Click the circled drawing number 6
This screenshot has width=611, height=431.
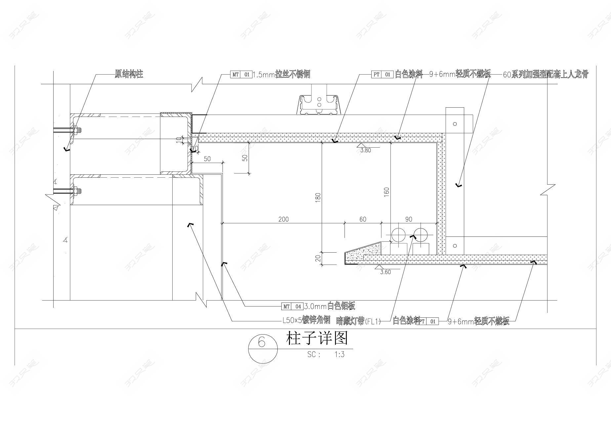tap(262, 342)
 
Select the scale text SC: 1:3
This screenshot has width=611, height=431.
tap(326, 355)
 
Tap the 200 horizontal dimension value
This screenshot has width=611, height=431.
tap(283, 219)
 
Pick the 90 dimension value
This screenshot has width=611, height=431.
tap(409, 219)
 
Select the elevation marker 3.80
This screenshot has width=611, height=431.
tap(365, 150)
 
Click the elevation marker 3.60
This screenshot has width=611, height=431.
tap(385, 272)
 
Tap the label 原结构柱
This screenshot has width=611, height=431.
tap(129, 74)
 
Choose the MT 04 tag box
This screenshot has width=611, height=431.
tap(292, 306)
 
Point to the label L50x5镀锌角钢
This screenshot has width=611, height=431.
tap(306, 320)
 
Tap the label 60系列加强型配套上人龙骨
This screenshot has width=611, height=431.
tap(546, 74)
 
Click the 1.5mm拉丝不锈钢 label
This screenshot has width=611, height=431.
tap(281, 74)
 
